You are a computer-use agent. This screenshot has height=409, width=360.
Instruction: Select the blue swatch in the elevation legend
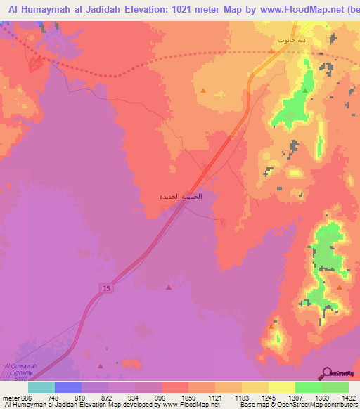click(x=67, y=387)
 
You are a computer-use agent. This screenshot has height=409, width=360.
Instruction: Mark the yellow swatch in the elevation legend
click(x=282, y=387)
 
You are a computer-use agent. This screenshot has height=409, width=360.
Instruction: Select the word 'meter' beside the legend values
click(x=10, y=397)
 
